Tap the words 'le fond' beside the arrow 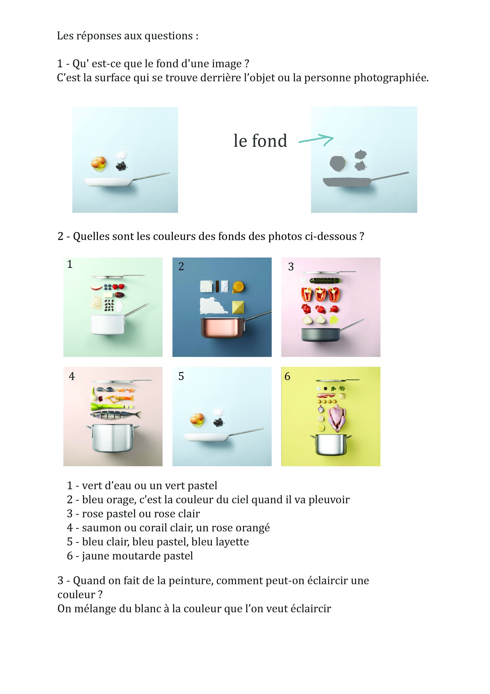click(260, 141)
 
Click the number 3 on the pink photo click(291, 267)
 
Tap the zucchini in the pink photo click(325, 281)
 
